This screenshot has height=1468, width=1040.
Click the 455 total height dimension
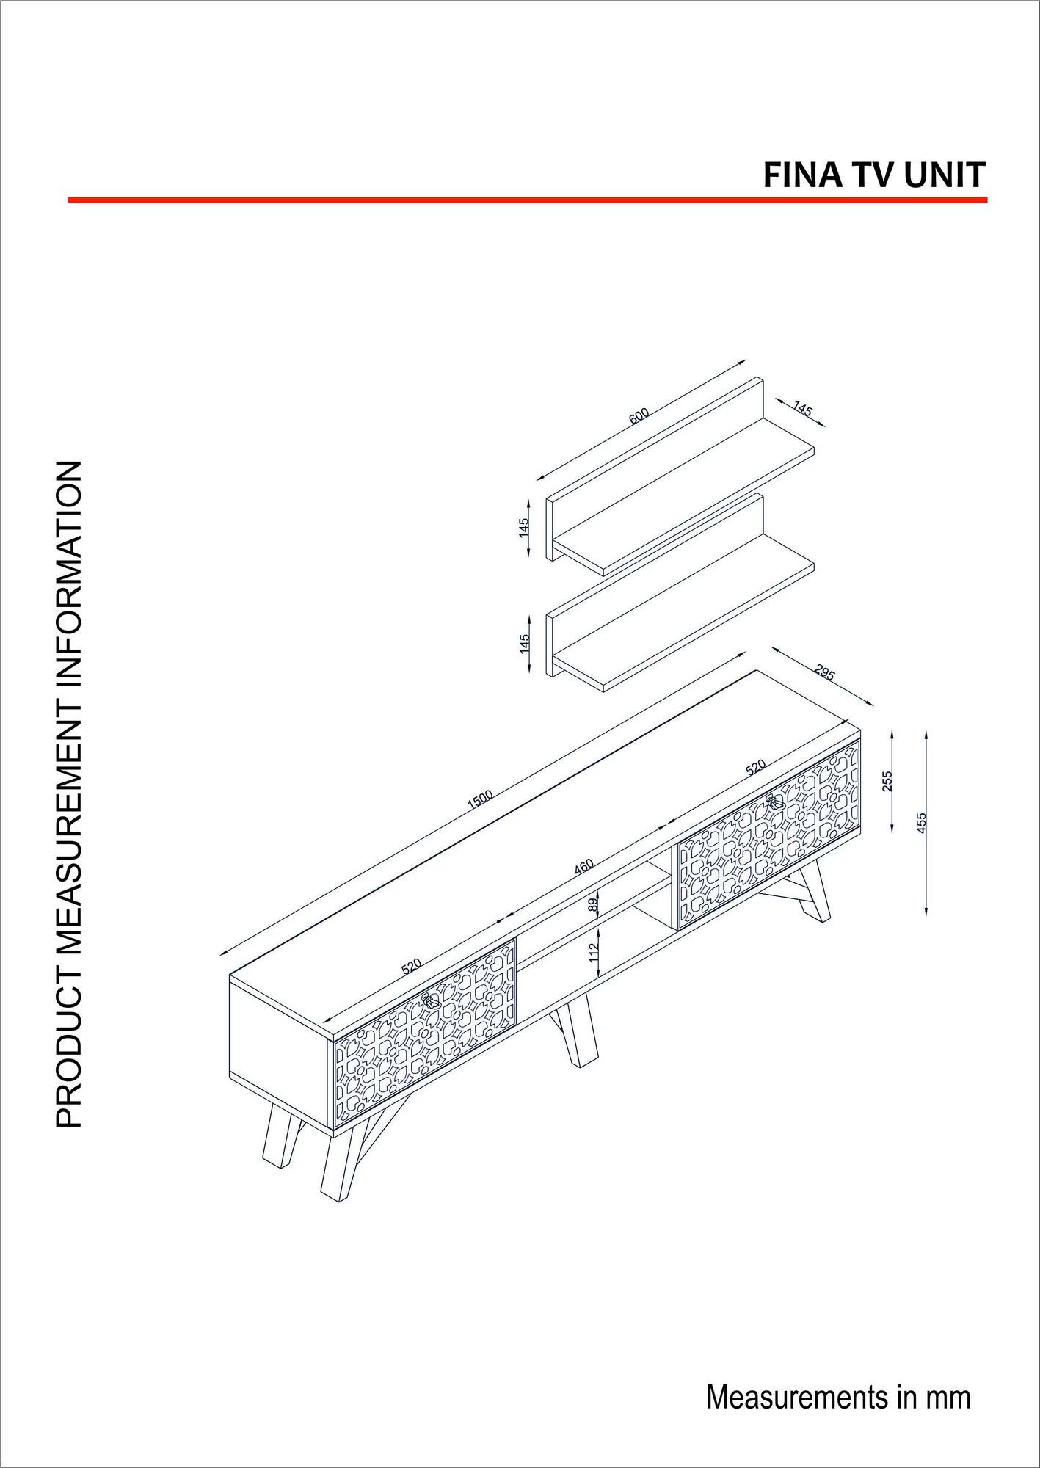coord(921,823)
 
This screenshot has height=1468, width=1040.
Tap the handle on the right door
coord(774,802)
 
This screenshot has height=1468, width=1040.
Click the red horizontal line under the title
coord(527,200)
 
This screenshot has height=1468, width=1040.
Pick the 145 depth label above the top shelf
coord(803,409)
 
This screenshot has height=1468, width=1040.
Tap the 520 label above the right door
coord(755,768)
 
